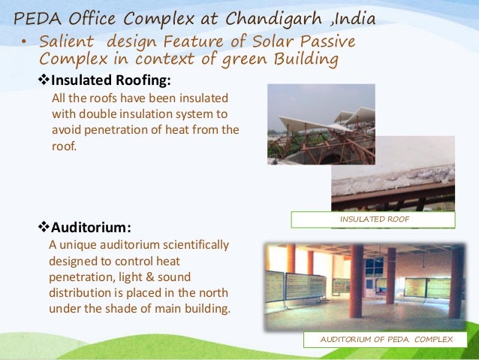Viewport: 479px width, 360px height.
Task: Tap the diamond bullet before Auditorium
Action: (x=43, y=226)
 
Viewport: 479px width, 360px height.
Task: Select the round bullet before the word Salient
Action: (x=25, y=41)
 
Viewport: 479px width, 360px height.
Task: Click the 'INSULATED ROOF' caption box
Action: (x=372, y=219)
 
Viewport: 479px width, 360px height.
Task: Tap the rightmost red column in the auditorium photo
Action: (x=455, y=282)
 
